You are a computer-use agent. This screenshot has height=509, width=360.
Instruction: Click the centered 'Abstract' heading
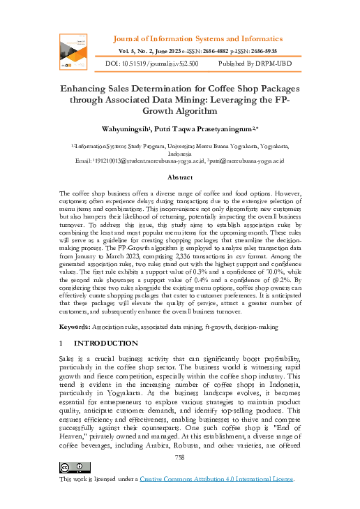click(x=179, y=178)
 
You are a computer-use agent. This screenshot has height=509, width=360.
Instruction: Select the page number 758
click(x=179, y=457)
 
